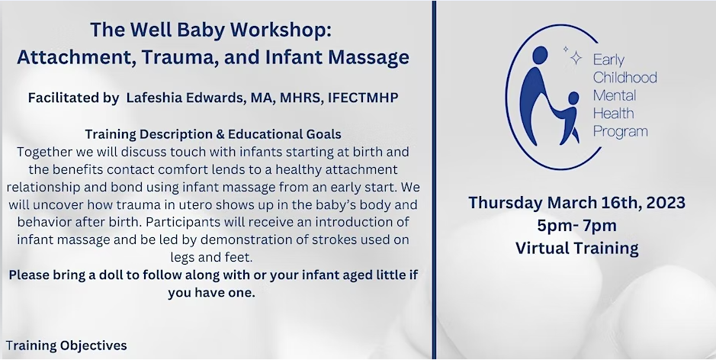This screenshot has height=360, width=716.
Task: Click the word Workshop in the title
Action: [x=281, y=31]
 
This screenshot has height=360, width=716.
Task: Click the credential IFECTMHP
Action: [x=363, y=98]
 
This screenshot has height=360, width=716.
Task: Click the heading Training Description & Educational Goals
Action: [x=214, y=134]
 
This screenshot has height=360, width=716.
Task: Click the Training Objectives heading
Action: [x=66, y=346]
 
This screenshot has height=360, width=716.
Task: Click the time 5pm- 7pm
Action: [x=576, y=225]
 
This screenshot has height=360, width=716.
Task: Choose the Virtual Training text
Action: [x=576, y=248]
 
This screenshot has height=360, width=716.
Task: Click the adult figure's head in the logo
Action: [x=540, y=54]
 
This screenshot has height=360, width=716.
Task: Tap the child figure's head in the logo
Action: [x=573, y=98]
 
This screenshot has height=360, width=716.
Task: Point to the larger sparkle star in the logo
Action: [x=576, y=58]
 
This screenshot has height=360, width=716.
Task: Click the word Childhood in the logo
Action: [x=624, y=78]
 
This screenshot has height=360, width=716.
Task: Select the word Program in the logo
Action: [x=621, y=132]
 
